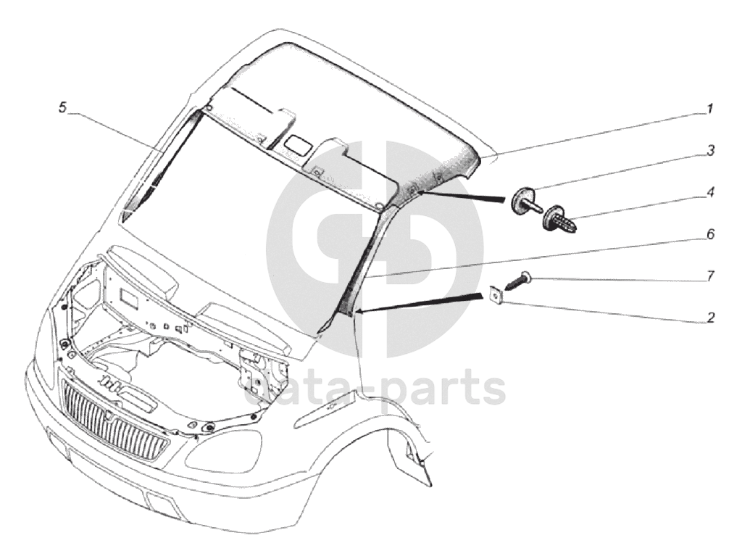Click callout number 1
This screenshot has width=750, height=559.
tap(711, 109)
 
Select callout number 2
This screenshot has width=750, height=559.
tap(711, 318)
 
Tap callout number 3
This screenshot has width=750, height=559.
tap(711, 150)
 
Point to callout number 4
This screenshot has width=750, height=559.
tap(711, 192)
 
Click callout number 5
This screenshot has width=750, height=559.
tap(62, 108)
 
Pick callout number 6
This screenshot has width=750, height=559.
tap(711, 234)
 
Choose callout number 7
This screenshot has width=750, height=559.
tap(711, 276)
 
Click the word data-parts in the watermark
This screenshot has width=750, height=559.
tap(375, 389)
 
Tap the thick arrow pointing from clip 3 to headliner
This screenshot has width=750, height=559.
tap(462, 196)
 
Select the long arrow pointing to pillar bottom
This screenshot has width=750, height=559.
tap(419, 305)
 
